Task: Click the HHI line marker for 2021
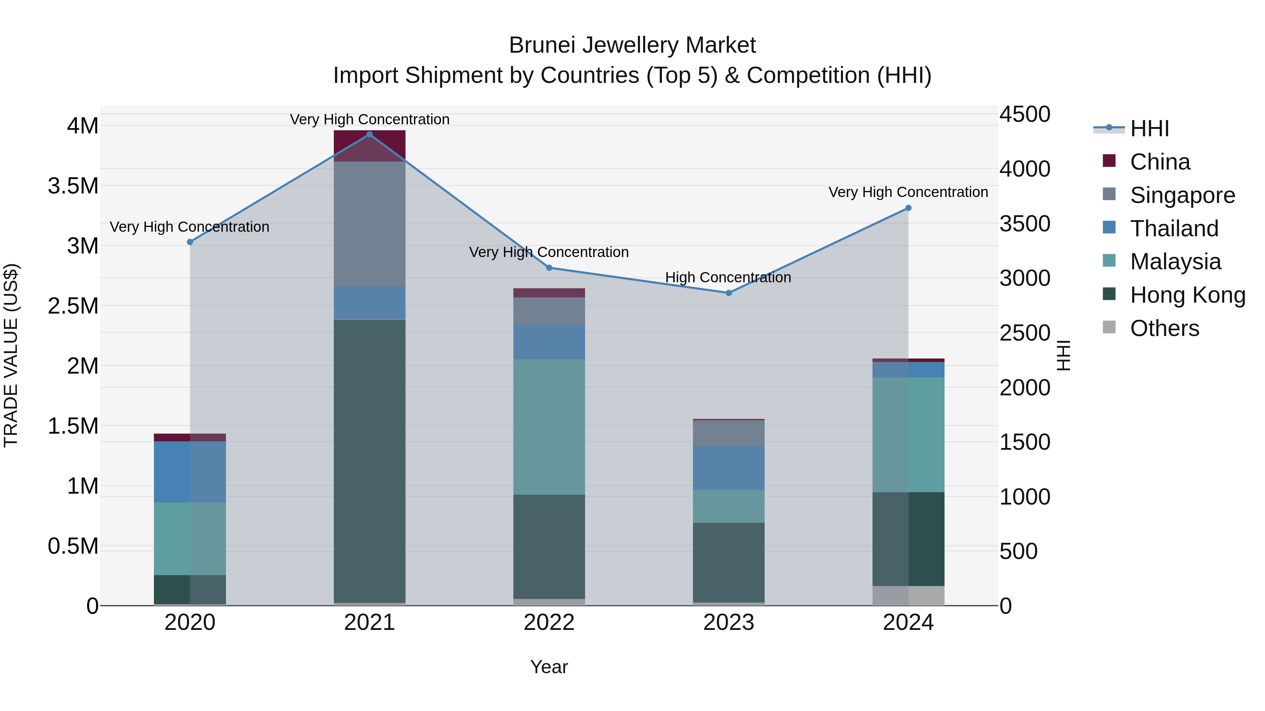[370, 134]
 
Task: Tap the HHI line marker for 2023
[729, 293]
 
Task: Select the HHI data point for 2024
[908, 208]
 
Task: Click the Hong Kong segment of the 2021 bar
[370, 461]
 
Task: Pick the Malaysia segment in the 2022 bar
[549, 427]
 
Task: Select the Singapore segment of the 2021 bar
[370, 224]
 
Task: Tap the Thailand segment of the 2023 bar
[729, 468]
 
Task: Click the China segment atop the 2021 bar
[370, 145]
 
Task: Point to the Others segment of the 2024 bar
[908, 596]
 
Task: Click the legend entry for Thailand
[1174, 229]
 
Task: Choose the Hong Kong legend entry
[1187, 295]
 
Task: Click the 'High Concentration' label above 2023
[728, 277]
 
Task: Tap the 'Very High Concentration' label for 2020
[189, 227]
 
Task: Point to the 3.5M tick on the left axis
[73, 186]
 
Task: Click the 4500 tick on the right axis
[1025, 114]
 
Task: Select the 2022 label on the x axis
[549, 623]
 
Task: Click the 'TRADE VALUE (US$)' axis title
[11, 355]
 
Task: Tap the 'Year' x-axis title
[549, 667]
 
